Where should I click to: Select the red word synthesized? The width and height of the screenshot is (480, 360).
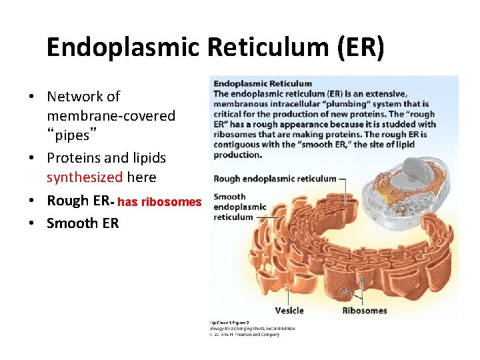pyautogui.click(x=85, y=177)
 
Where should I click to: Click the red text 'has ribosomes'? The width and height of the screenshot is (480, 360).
pyautogui.click(x=159, y=202)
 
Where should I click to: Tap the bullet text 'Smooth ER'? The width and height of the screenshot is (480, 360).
pyautogui.click(x=83, y=223)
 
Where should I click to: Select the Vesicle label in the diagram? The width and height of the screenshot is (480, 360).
pyautogui.click(x=289, y=311)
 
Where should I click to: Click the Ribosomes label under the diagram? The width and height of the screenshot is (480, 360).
pyautogui.click(x=365, y=311)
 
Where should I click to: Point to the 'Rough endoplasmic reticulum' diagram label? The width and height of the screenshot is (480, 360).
pyautogui.click(x=275, y=179)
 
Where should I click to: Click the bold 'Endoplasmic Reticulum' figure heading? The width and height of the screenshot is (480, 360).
pyautogui.click(x=263, y=84)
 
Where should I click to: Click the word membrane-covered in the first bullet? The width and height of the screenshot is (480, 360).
pyautogui.click(x=111, y=116)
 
